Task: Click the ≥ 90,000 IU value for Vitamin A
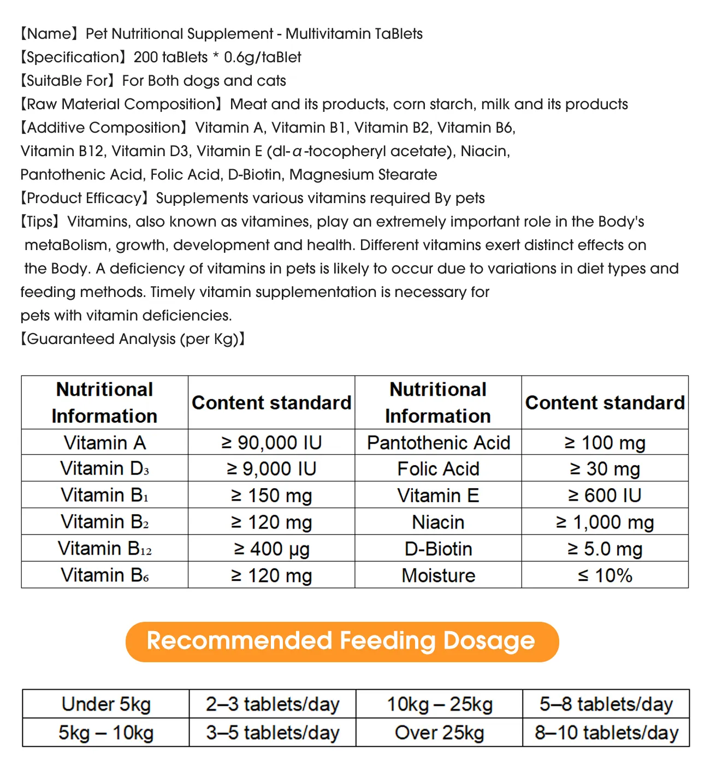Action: click(x=271, y=442)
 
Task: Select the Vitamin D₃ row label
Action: click(x=104, y=468)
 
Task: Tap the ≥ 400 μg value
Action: click(x=271, y=549)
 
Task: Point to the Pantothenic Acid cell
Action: click(x=438, y=442)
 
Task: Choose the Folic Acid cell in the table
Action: click(x=438, y=468)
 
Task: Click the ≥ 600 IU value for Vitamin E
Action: click(x=605, y=495)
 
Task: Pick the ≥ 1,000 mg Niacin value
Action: click(x=605, y=522)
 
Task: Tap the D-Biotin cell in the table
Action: click(x=438, y=549)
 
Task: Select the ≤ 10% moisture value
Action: click(x=605, y=575)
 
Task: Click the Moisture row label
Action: click(x=438, y=575)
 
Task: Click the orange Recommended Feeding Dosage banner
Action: click(x=342, y=641)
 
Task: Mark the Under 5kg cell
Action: click(x=106, y=704)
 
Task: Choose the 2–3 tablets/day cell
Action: click(x=273, y=704)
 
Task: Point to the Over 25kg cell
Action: click(x=439, y=732)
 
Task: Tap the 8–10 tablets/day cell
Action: click(x=606, y=732)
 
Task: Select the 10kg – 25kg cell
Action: click(x=439, y=704)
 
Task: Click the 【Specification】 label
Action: click(x=73, y=57)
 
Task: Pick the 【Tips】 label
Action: click(x=40, y=222)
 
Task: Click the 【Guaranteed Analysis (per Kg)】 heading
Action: click(x=133, y=339)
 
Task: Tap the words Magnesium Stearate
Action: click(x=363, y=175)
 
